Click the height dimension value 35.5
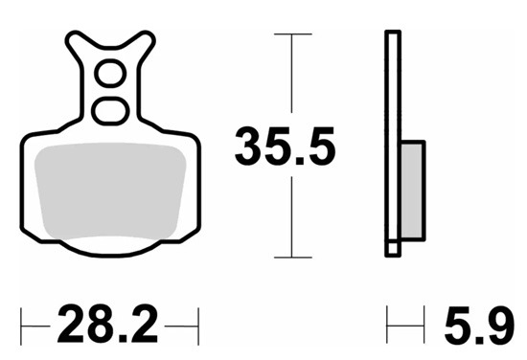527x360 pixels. coord(285,146)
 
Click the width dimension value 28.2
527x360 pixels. coord(107,324)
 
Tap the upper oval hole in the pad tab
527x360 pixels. coord(110,73)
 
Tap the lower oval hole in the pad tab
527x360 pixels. coord(110,111)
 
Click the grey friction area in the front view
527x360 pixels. coord(110,191)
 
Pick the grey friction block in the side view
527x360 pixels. coord(412,191)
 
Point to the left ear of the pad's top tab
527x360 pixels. coord(76,39)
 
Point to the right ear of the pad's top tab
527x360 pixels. coord(145,39)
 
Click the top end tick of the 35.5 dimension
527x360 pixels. coord(293,34)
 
